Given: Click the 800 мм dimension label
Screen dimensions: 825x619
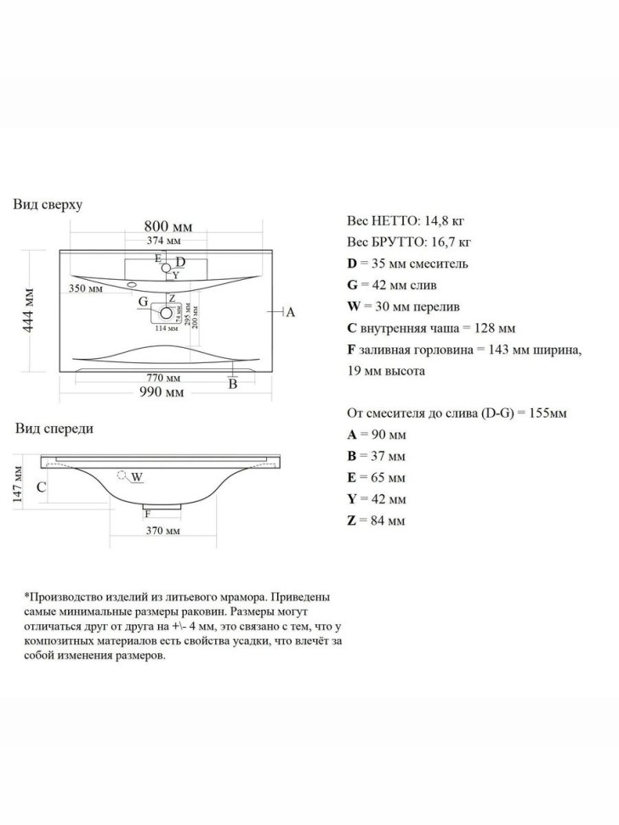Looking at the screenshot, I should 168,226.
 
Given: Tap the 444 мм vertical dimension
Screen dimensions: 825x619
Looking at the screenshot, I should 29,310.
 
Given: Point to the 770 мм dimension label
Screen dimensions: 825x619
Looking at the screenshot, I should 164,378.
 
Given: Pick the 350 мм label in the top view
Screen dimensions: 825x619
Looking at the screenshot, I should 86,290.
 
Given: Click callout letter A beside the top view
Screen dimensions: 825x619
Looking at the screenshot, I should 290,312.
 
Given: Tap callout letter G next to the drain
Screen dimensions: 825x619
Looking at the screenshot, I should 143,302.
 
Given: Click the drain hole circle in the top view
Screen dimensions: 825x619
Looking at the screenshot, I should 167,313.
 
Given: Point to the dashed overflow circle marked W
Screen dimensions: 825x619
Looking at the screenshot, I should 122,475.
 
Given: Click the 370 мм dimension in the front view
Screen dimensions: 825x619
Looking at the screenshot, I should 162,531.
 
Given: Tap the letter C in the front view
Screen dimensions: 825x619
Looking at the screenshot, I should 41,488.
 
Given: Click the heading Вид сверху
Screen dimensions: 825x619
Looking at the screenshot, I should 48,205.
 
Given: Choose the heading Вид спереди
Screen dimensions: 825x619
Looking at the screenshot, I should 54,429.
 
